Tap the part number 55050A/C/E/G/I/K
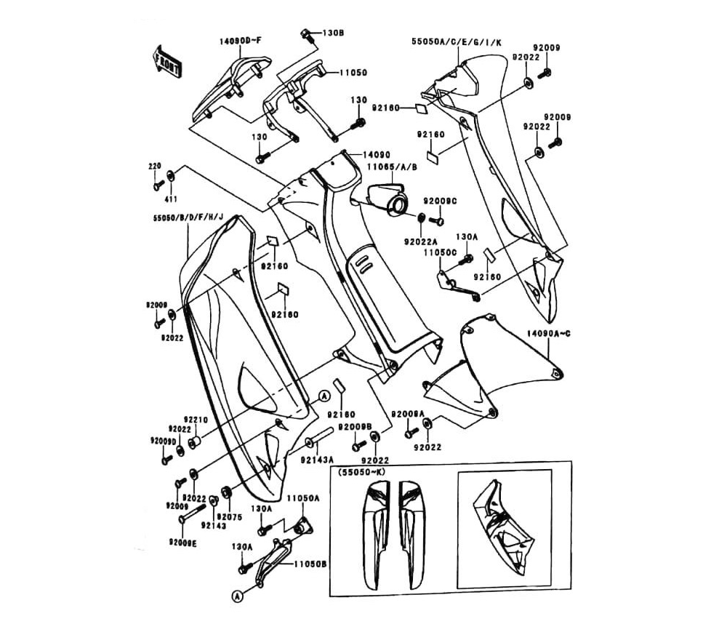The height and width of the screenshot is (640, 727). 456,43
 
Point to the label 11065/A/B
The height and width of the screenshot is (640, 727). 392,167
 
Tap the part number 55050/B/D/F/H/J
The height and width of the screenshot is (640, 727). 188,217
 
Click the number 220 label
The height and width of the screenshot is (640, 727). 154,167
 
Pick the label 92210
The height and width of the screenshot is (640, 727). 196,419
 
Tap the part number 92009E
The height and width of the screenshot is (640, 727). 182,542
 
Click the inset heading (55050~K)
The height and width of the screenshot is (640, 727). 363,473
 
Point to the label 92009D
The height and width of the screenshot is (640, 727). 163,441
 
